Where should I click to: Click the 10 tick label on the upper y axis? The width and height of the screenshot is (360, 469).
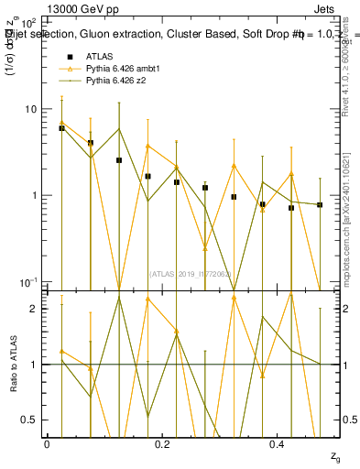[x=29, y=109]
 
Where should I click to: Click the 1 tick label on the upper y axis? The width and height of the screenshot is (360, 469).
[x=33, y=195]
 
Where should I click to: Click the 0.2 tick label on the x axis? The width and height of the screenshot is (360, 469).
[x=162, y=444]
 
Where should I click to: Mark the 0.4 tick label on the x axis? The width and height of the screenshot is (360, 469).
[x=278, y=444]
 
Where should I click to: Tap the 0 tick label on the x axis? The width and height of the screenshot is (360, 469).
[x=47, y=444]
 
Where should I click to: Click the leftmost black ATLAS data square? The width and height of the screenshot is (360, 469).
[x=61, y=128]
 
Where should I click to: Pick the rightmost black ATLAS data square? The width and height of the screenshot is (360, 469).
[x=320, y=205]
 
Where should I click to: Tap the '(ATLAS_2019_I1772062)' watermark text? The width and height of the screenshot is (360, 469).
[x=191, y=273]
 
